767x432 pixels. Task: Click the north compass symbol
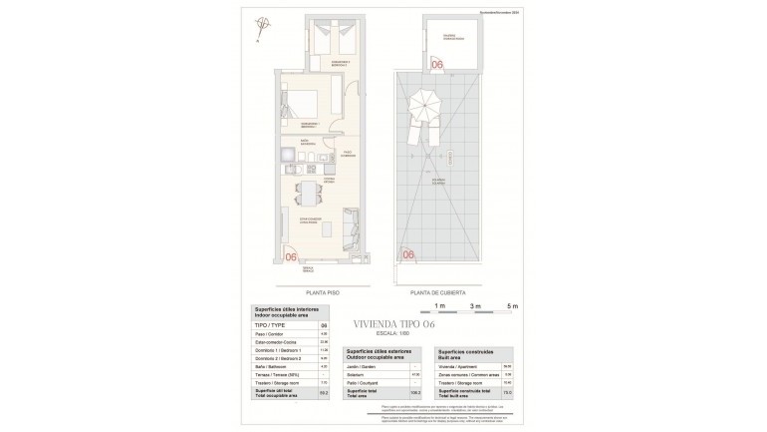click(x=262, y=27)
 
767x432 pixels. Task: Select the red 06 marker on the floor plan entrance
click(x=293, y=256)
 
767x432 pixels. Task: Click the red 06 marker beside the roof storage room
click(x=437, y=66)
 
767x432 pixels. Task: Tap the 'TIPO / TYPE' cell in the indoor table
click(x=266, y=325)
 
